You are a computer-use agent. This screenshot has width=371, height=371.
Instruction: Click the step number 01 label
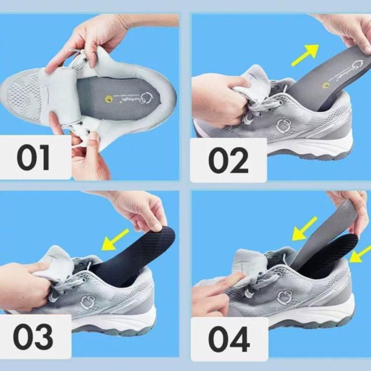(x=33, y=158)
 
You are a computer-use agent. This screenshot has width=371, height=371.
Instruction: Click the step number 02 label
(x=228, y=160)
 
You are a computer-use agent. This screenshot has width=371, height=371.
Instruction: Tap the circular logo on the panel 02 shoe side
(x=284, y=126)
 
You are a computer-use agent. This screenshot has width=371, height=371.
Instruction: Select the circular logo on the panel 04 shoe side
(x=285, y=297)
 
